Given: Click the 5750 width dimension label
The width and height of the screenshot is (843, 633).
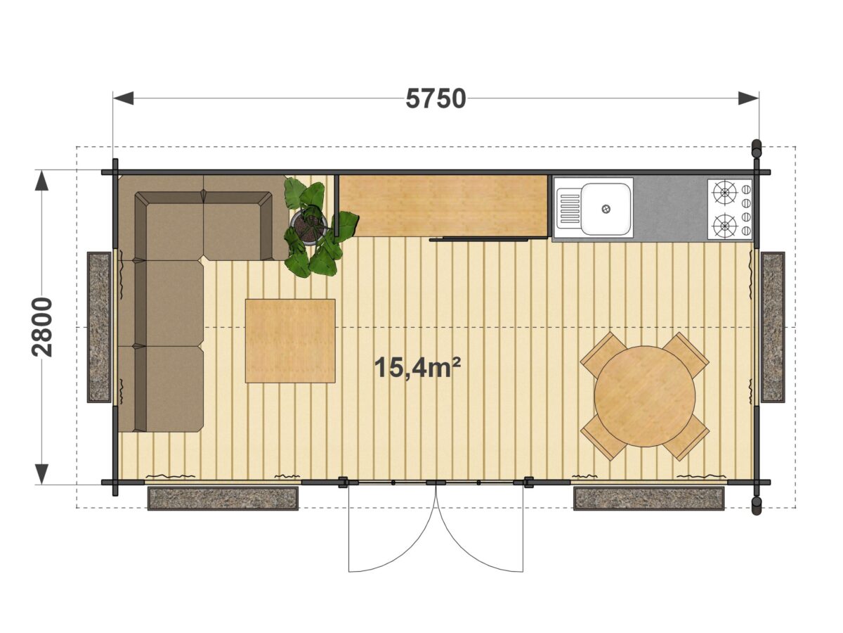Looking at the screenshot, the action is [x=436, y=98].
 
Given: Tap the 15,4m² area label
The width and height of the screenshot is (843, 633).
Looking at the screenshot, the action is [x=417, y=367].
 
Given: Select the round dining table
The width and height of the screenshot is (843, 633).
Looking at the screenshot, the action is [x=645, y=396].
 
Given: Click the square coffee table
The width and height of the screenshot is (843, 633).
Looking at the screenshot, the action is [x=290, y=340].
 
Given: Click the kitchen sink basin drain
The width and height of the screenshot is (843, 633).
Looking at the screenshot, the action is [x=606, y=209].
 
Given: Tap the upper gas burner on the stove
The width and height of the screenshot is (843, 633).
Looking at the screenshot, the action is [x=724, y=193].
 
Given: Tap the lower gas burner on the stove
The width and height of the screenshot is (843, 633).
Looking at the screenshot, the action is [x=724, y=225].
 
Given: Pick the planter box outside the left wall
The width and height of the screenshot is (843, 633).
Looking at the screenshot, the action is [x=100, y=326].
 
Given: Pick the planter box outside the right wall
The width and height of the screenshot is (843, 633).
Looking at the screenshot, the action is [x=773, y=326].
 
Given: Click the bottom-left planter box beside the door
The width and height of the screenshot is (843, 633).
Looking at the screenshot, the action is [x=223, y=498].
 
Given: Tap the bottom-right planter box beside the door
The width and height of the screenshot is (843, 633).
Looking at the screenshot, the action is [x=648, y=498].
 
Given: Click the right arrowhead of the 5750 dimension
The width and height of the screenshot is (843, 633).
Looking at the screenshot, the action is [x=748, y=98].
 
